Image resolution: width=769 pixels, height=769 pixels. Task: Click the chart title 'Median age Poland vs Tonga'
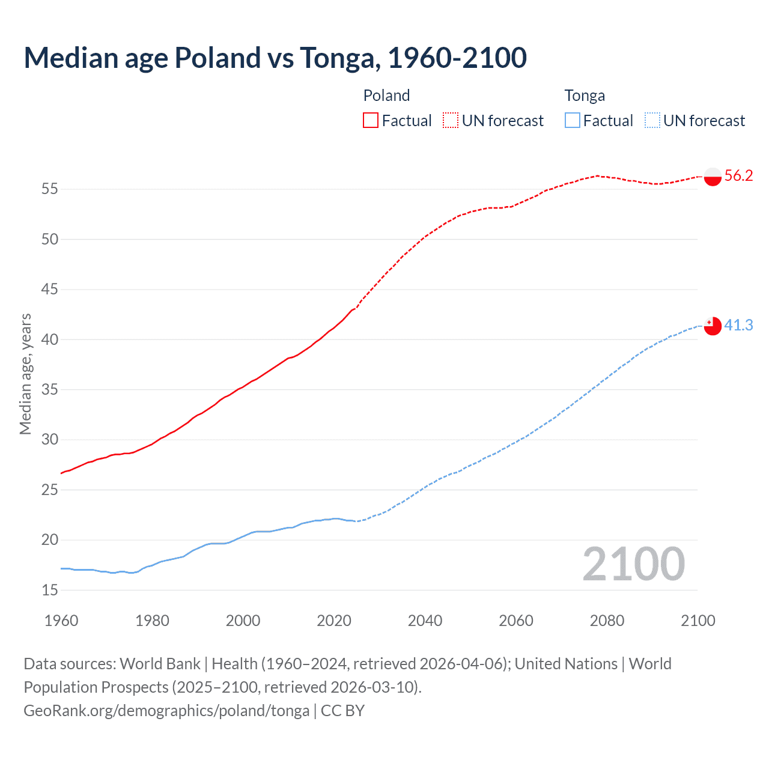275,58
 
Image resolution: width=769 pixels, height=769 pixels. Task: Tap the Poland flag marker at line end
712,177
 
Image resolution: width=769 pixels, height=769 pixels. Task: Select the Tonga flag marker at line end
712,326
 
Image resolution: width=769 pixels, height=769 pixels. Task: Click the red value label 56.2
738,175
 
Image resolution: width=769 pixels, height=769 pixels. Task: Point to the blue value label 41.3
738,325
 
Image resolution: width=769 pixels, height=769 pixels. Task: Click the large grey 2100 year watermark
633,564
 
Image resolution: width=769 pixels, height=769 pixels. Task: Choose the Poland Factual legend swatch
371,121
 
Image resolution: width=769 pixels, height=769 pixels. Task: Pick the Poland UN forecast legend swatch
451,121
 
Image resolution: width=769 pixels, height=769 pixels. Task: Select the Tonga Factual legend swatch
572,121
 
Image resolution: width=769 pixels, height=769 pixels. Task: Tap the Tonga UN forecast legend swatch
652,121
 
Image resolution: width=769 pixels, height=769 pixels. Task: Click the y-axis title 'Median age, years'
25,374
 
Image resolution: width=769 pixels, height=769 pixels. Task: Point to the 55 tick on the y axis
50,189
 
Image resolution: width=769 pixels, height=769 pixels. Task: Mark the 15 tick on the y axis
50,590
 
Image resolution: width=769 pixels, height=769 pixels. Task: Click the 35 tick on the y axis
50,389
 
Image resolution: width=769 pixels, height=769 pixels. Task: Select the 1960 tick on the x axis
61,621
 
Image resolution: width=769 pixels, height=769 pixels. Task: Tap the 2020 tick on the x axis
334,621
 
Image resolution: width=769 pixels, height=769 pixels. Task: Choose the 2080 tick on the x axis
607,621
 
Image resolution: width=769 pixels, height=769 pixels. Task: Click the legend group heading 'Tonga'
585,96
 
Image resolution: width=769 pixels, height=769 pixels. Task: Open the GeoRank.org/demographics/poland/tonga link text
166,711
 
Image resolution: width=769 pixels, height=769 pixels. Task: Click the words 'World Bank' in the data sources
160,664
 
